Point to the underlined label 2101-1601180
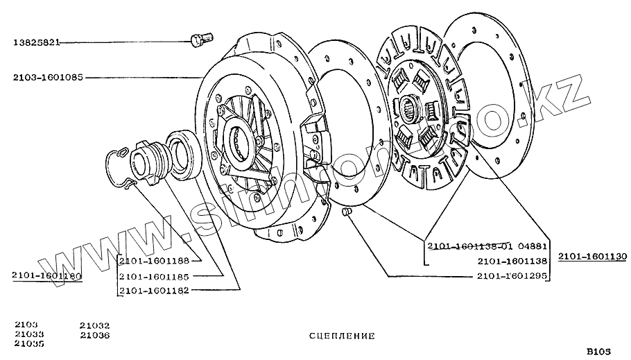(x=46, y=276)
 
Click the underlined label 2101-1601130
(x=591, y=256)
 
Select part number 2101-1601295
(x=512, y=275)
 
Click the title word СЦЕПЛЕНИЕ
(x=341, y=336)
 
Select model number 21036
(x=95, y=334)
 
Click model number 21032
(x=95, y=325)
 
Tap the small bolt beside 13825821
(x=200, y=40)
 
